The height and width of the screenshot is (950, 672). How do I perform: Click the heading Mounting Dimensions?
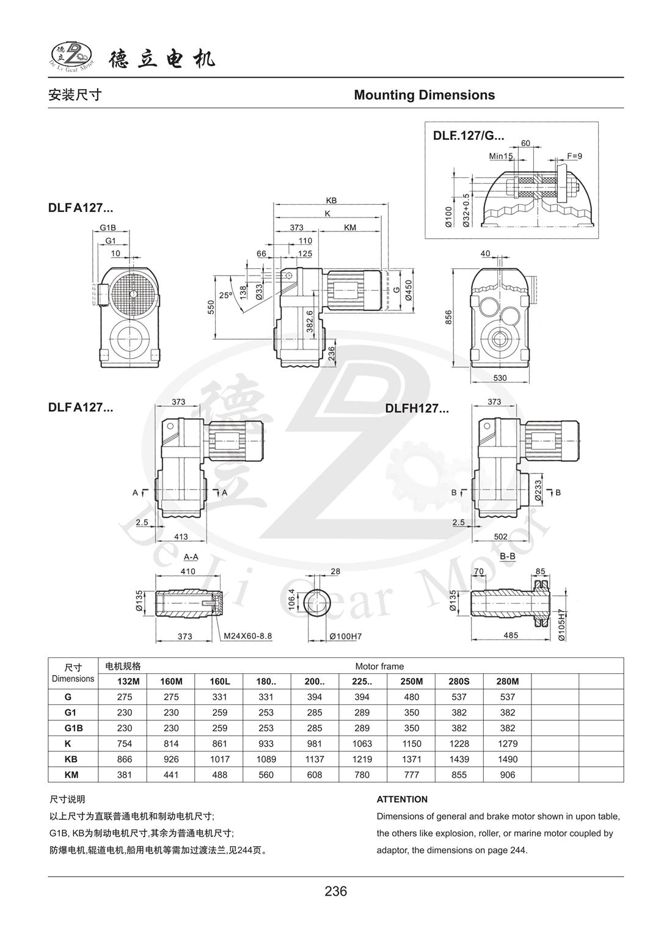click(x=424, y=95)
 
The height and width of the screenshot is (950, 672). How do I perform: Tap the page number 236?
click(x=335, y=891)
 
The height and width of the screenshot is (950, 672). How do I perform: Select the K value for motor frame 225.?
click(x=363, y=744)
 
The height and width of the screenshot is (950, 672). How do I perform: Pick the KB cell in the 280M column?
click(x=507, y=759)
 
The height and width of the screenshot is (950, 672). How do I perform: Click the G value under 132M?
click(x=124, y=696)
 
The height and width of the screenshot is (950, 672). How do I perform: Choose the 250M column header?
click(x=411, y=681)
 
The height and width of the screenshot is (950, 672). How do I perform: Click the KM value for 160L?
click(x=219, y=775)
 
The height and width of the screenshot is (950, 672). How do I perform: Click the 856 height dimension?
click(x=448, y=316)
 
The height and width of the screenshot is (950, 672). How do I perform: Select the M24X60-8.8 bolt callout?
click(x=247, y=636)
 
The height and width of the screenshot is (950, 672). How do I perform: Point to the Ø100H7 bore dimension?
click(x=346, y=636)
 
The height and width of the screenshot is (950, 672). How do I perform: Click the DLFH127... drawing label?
click(x=417, y=409)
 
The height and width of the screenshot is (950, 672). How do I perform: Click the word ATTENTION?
click(x=402, y=799)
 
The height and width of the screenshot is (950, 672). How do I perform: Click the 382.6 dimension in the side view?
click(x=310, y=321)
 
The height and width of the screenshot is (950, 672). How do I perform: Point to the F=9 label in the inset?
click(x=574, y=156)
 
